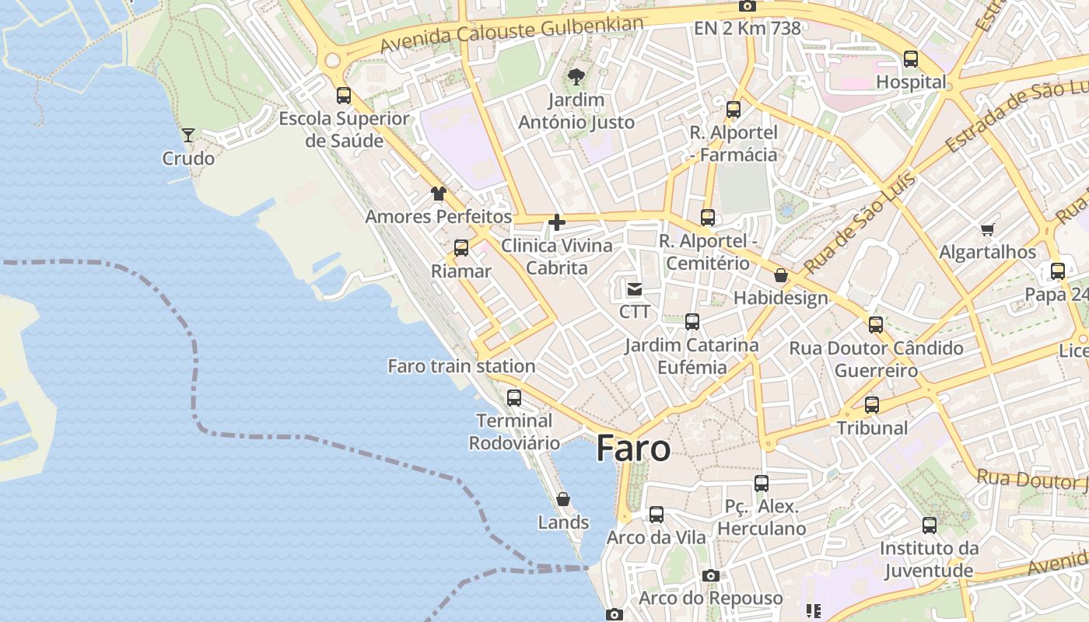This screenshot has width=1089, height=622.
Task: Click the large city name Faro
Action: [x=633, y=449]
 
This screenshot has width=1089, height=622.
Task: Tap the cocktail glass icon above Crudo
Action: [x=188, y=135]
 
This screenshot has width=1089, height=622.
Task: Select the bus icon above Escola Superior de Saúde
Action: [x=344, y=96]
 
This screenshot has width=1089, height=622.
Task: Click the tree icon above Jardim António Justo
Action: [x=576, y=76]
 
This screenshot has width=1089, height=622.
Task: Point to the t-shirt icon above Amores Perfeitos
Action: [x=439, y=194]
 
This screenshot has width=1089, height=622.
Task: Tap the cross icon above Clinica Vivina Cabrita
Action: [x=557, y=222]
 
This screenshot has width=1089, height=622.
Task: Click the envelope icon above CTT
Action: [x=635, y=289]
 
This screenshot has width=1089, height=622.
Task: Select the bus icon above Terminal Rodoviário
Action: [x=514, y=398]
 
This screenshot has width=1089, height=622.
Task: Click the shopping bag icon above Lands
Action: [x=563, y=499]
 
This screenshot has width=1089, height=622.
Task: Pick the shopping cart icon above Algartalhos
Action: [x=987, y=229]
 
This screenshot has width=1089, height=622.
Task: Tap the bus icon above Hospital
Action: [x=911, y=59]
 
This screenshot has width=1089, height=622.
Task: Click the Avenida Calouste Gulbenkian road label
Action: [x=512, y=35]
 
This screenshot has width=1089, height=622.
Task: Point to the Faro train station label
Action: [x=461, y=366]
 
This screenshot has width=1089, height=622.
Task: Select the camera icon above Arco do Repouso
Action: [x=710, y=575]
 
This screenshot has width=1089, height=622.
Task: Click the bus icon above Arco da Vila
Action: [x=657, y=515]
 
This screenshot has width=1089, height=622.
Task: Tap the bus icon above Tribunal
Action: [x=872, y=405]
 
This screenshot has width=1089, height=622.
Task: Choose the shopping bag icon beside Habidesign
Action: [x=781, y=275]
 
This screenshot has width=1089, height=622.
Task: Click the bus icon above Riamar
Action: [x=461, y=248]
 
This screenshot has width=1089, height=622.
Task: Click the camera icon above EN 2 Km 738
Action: [x=747, y=6]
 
